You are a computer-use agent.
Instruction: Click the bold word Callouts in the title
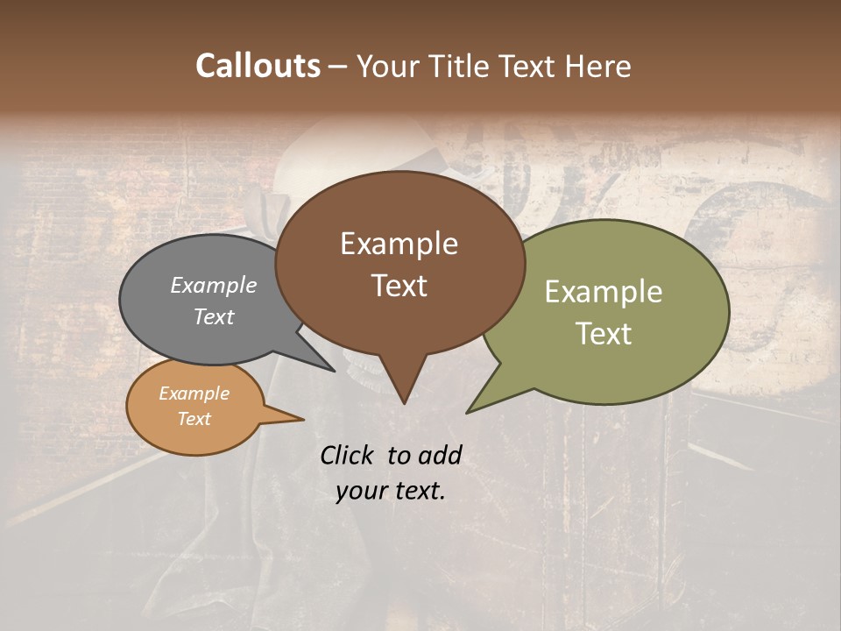coord(258,66)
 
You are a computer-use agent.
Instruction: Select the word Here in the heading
coord(597,66)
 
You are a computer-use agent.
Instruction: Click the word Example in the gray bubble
coord(214,285)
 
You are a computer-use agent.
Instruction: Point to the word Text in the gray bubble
coord(214,316)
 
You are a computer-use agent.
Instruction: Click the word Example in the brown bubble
coord(399,244)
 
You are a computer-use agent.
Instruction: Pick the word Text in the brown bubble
coord(399,286)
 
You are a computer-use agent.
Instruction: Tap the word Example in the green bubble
coord(604,292)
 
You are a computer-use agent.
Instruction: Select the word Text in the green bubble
coord(604,334)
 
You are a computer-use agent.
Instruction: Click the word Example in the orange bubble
coord(194,393)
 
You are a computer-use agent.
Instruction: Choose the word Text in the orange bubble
coord(194,419)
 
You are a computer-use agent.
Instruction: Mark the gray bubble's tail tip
coord(333,370)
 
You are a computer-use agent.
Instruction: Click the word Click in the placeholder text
coord(348,455)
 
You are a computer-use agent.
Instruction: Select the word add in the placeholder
coord(440,455)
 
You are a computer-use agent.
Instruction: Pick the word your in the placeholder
coord(362,491)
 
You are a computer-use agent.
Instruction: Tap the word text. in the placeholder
coord(420,491)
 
